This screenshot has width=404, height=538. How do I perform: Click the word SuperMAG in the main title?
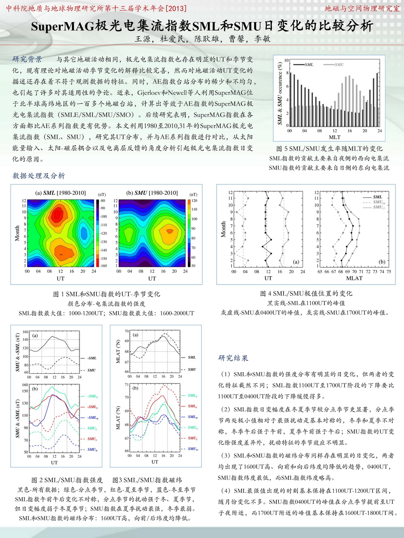pos(63,26)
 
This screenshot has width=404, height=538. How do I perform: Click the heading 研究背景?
pos(27,59)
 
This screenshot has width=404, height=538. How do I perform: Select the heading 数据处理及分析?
pos(38,176)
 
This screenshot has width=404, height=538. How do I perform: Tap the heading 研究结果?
pos(233,358)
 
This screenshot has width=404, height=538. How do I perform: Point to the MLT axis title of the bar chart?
pos(335,137)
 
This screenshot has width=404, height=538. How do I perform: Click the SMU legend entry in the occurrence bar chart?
pos(339,65)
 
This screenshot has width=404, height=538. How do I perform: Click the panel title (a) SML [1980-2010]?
pos(61,193)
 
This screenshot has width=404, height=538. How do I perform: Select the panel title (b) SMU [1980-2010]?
pos(152,193)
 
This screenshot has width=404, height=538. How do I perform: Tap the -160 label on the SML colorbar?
pos(103,266)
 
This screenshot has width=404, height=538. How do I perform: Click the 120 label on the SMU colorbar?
pos(194,201)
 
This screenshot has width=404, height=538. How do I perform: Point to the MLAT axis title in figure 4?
pos(354,278)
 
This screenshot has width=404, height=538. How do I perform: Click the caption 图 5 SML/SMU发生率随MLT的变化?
pos(329,149)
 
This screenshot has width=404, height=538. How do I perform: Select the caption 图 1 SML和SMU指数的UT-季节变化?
pos(106,294)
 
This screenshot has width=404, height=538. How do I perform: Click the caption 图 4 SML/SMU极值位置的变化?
pos(306,293)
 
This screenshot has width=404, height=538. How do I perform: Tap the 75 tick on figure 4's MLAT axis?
pos(389,272)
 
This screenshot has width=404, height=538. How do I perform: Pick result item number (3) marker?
pos(225,456)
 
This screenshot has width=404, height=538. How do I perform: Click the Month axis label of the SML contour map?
pos(17,233)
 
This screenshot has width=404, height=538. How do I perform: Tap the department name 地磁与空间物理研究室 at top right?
pos(362,8)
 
